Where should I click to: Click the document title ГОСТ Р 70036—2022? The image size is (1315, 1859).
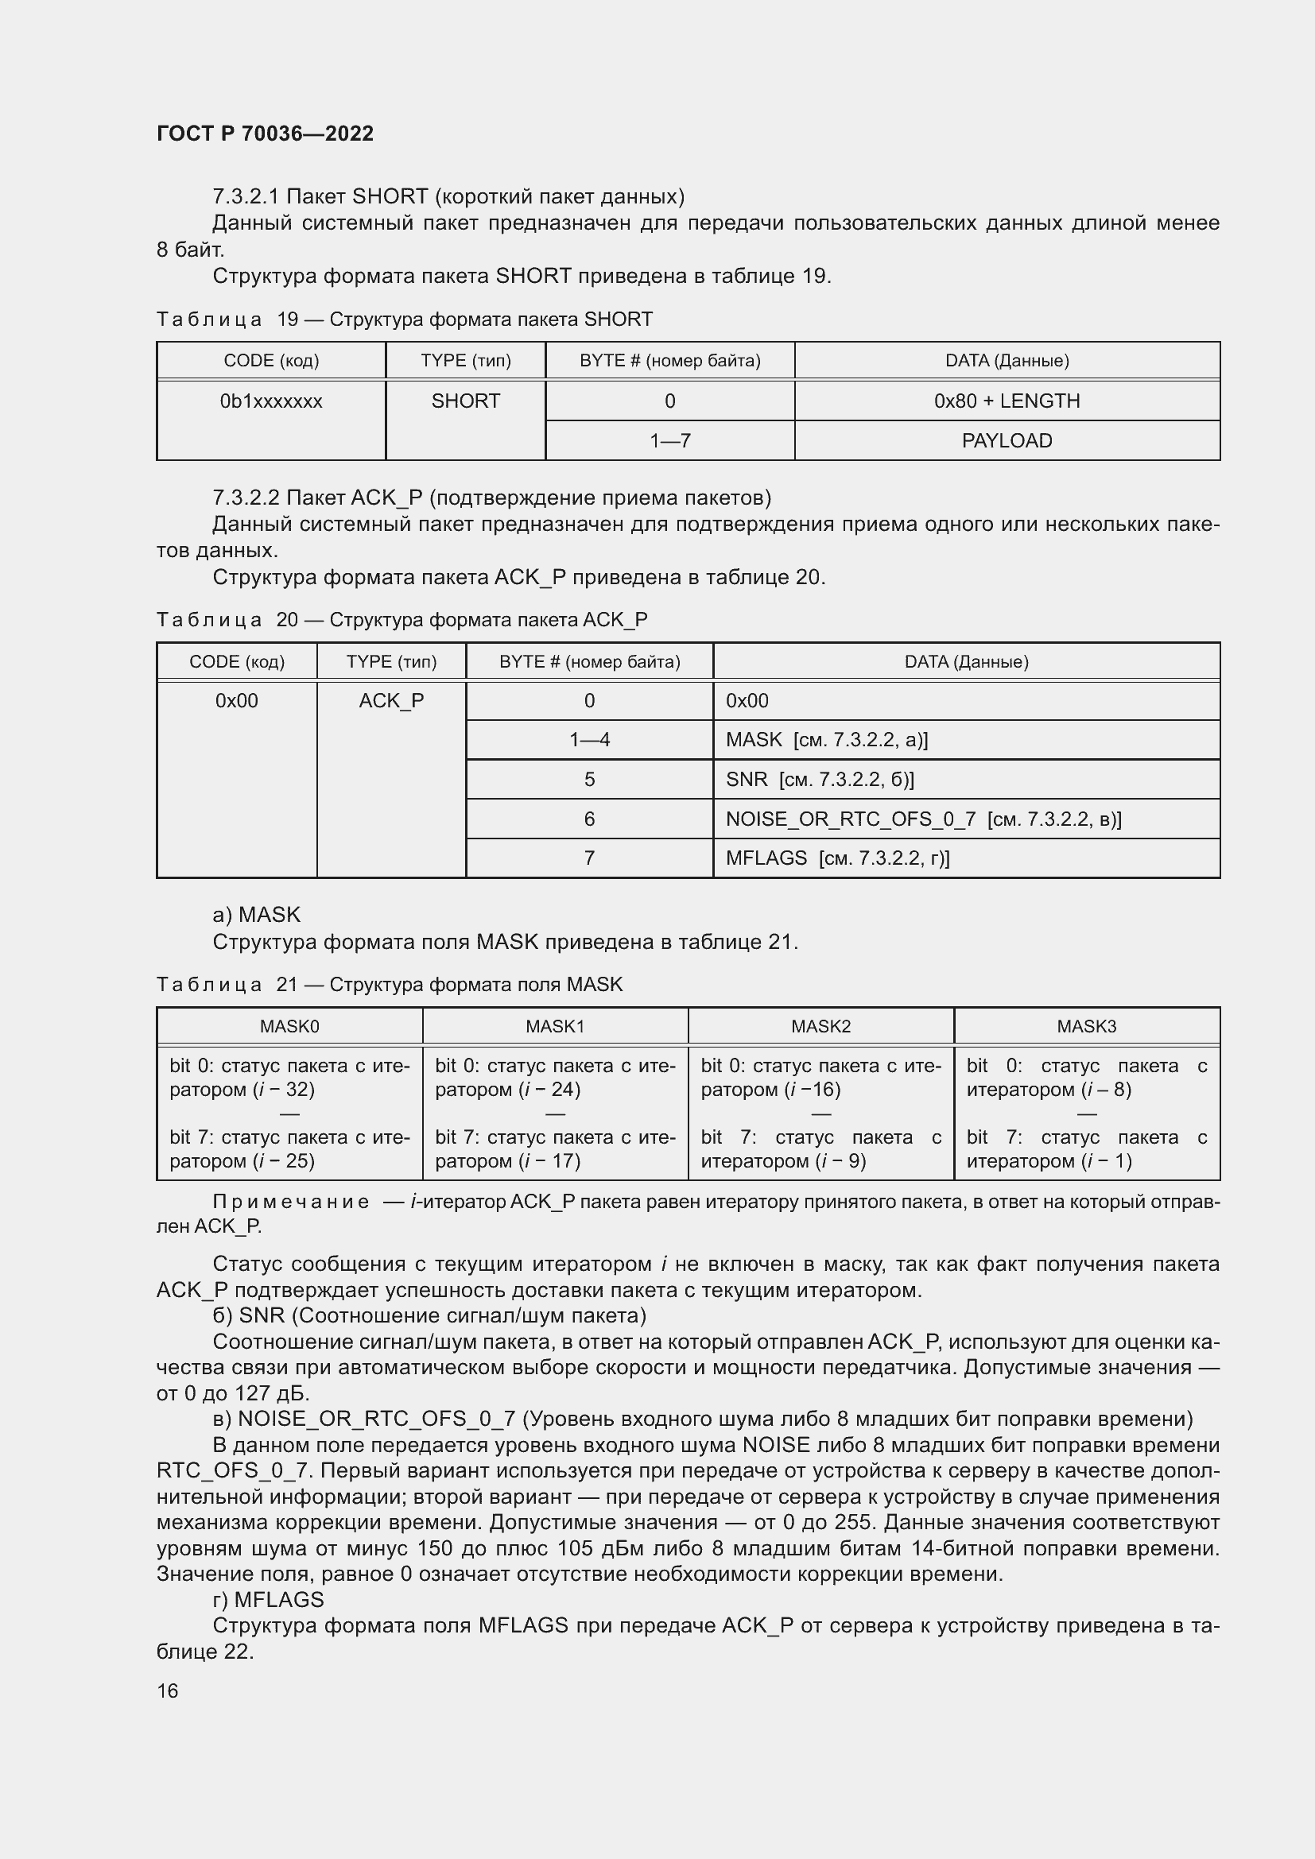265,134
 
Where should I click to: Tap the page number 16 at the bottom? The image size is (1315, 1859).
168,1691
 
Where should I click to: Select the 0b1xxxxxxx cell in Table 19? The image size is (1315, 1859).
270,401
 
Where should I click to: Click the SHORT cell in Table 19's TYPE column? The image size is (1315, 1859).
466,401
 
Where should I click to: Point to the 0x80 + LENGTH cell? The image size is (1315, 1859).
1007,401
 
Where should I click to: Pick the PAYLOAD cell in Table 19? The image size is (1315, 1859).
1007,440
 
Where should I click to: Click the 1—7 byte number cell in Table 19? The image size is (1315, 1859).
669,440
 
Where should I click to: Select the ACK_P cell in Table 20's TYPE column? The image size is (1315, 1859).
391,700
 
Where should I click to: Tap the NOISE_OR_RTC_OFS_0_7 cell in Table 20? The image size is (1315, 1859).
923,819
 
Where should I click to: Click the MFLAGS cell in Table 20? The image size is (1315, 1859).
837,858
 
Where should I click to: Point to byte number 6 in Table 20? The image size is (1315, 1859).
588,819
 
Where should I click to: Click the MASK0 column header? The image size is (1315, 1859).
289,1026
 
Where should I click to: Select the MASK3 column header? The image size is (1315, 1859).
1086,1026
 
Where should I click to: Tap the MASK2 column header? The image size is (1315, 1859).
820,1026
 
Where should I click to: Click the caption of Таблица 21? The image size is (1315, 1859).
390,985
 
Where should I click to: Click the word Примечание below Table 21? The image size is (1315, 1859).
290,1202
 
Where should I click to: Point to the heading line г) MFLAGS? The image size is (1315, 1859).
268,1600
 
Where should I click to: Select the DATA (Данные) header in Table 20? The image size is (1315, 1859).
966,661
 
